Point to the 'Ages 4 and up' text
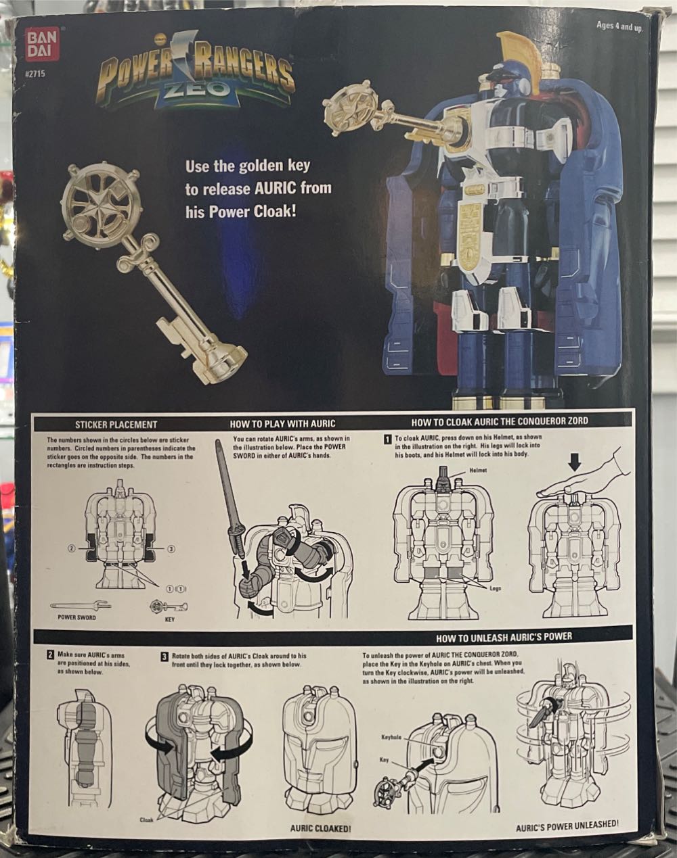[620, 26]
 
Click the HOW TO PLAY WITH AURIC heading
[282, 425]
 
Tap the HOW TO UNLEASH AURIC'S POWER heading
[504, 636]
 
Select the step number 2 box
[50, 655]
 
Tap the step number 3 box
[165, 655]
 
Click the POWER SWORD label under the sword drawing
[73, 618]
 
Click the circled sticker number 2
[71, 548]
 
